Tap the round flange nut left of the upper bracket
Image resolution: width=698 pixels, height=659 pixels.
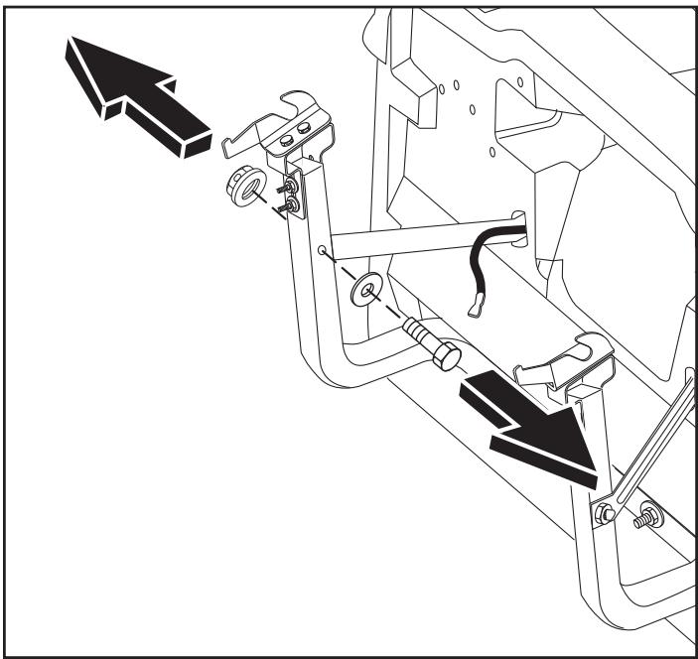coord(245,186)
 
